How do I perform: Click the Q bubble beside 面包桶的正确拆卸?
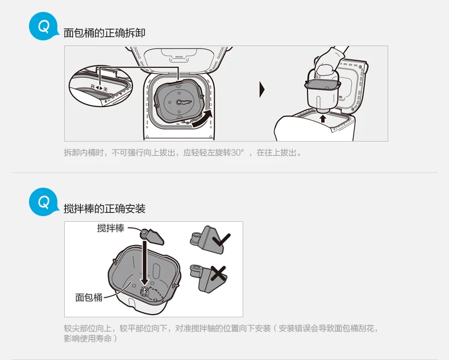(x=44, y=26)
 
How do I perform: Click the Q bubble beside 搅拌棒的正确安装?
(x=44, y=202)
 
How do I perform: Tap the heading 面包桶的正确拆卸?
(x=104, y=33)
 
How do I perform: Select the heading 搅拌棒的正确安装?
(x=104, y=209)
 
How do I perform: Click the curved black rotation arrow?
(x=203, y=119)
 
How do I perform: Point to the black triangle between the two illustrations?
(x=262, y=90)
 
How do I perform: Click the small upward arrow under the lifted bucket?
(x=323, y=118)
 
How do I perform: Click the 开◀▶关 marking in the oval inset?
(x=99, y=88)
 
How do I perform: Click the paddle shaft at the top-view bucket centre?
(x=178, y=102)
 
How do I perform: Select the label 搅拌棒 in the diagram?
(x=110, y=228)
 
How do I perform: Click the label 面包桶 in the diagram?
(x=89, y=297)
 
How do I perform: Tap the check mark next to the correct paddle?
(x=221, y=239)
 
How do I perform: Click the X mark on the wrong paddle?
(x=218, y=273)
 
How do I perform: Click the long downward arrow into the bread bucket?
(x=145, y=263)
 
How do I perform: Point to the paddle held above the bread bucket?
(x=152, y=236)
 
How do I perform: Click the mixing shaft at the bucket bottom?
(x=144, y=291)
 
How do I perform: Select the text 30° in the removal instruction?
(x=238, y=152)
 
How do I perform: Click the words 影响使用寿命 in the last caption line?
(x=88, y=338)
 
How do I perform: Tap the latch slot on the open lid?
(x=178, y=59)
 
